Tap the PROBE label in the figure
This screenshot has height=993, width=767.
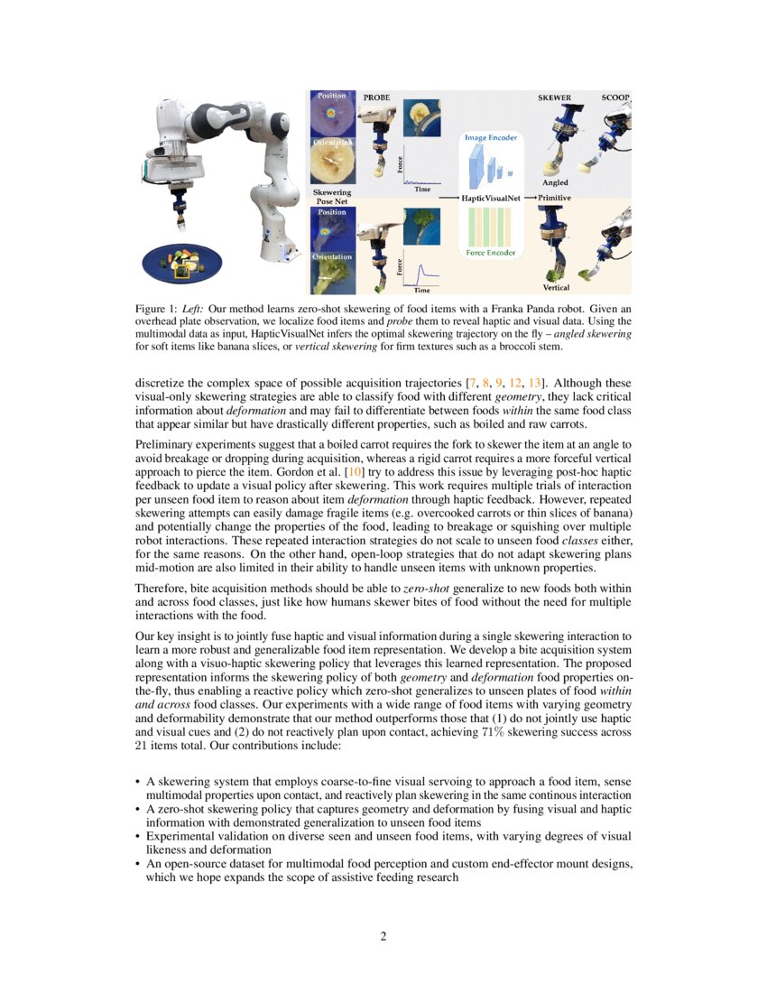[376, 96]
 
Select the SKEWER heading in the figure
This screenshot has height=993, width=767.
[554, 96]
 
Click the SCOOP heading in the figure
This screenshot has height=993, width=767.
[615, 96]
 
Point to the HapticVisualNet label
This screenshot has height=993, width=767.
[487, 196]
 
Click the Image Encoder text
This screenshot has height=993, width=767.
[491, 137]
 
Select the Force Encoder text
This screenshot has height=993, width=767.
[491, 253]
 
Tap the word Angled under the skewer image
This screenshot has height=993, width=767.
[555, 183]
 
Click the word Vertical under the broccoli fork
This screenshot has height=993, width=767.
[556, 287]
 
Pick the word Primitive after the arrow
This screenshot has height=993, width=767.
[555, 196]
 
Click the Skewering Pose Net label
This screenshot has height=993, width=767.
[331, 197]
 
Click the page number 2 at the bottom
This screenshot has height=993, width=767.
[383, 936]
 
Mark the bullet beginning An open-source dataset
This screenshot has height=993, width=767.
[139, 863]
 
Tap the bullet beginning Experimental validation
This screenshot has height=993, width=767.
[139, 836]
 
